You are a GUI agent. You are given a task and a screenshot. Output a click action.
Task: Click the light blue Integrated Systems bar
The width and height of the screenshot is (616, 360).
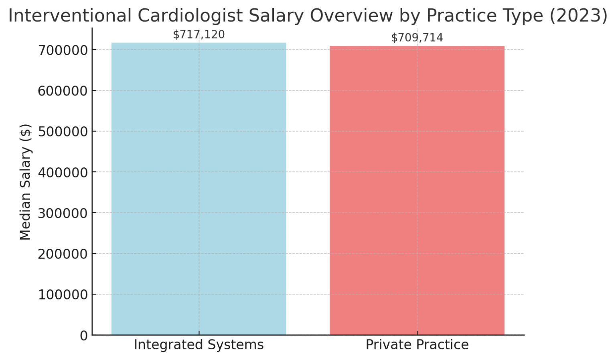pos(199,189)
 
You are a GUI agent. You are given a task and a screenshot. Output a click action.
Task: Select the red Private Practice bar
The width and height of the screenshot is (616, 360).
pos(417,190)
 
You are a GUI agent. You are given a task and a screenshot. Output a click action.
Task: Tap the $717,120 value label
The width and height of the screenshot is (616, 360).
pos(199,35)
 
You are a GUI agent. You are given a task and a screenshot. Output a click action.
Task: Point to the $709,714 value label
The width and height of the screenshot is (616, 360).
pos(417,38)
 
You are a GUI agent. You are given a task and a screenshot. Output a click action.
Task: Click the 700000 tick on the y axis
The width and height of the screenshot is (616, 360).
pos(63,50)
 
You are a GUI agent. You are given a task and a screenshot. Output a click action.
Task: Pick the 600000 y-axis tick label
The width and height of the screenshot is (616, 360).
pos(63,91)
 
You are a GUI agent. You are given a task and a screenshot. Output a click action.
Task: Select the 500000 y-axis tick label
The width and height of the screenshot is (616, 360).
pos(63,132)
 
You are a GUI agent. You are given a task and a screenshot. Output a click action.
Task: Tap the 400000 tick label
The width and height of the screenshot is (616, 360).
pos(63,173)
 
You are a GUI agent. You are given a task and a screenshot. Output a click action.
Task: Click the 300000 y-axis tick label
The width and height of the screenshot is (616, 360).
pos(63,213)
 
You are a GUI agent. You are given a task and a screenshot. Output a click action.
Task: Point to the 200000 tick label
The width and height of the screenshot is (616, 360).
pos(63,254)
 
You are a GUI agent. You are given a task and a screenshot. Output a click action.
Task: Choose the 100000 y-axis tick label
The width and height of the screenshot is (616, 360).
pos(63,295)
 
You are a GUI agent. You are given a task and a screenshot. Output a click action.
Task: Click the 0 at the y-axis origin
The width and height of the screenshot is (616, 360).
pos(83,336)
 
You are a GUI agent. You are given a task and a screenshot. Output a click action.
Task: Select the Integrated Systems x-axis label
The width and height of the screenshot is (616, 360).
pos(199,345)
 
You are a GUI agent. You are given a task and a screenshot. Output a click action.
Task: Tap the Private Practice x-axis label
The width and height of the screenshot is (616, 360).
pos(417,345)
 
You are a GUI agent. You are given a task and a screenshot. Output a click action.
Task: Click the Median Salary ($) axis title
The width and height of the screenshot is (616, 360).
pos(25,182)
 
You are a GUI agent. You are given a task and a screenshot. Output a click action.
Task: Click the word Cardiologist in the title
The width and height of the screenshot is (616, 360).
pos(190,16)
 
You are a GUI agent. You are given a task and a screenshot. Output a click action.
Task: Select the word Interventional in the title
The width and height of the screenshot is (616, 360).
pos(70,16)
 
